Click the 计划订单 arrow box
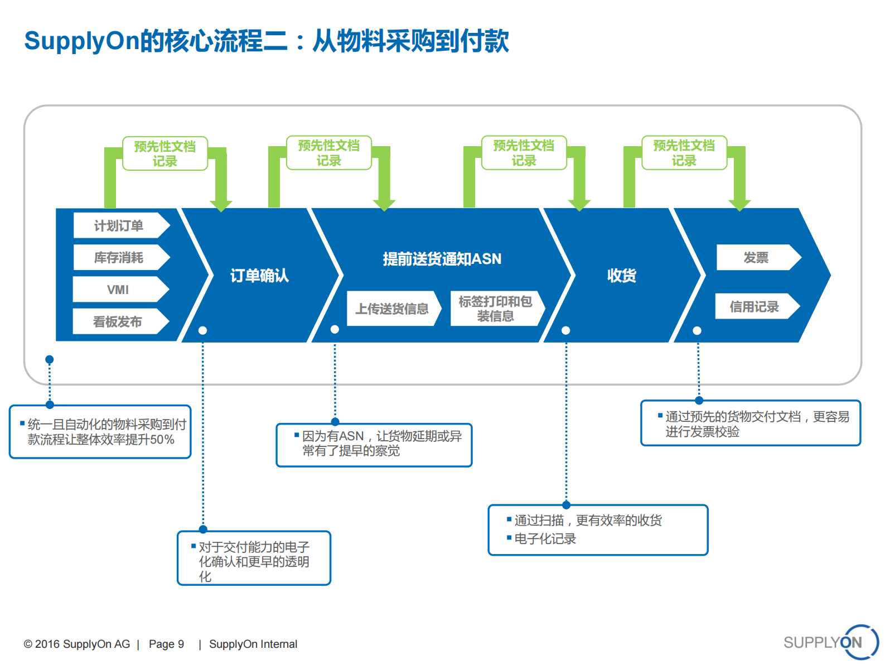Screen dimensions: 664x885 pyautogui.click(x=119, y=225)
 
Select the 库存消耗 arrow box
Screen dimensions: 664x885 pyautogui.click(x=119, y=257)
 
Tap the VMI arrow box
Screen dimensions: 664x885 pyautogui.click(x=118, y=290)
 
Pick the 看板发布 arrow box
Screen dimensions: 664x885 pyautogui.click(x=118, y=321)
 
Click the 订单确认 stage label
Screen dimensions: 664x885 pyautogui.click(x=259, y=275)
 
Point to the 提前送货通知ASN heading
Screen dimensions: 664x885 pyautogui.click(x=442, y=259)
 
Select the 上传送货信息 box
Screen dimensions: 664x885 pyautogui.click(x=393, y=309)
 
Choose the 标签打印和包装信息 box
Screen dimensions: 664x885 pyautogui.click(x=495, y=309)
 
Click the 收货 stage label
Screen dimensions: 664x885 pyautogui.click(x=621, y=275)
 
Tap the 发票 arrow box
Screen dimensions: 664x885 pyautogui.click(x=756, y=257)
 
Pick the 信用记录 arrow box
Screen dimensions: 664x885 pyautogui.click(x=755, y=306)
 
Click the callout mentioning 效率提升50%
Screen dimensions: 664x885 pyautogui.click(x=100, y=432)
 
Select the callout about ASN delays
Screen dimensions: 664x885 pyautogui.click(x=374, y=445)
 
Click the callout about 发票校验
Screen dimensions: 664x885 pyautogui.click(x=751, y=424)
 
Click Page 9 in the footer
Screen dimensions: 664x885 pyautogui.click(x=166, y=644)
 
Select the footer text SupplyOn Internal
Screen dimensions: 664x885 pyautogui.click(x=253, y=644)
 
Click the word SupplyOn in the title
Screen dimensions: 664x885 pyautogui.click(x=81, y=41)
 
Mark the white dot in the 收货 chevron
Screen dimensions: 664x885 pyautogui.click(x=565, y=330)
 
